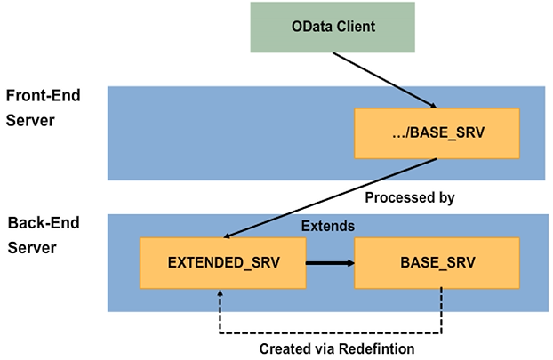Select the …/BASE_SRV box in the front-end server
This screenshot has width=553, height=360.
(x=437, y=133)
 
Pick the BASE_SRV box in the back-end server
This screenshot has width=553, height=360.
(x=437, y=263)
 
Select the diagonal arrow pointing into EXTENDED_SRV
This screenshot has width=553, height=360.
(x=329, y=198)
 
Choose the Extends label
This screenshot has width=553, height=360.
(x=329, y=227)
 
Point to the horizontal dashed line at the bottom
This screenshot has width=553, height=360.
(x=330, y=333)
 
